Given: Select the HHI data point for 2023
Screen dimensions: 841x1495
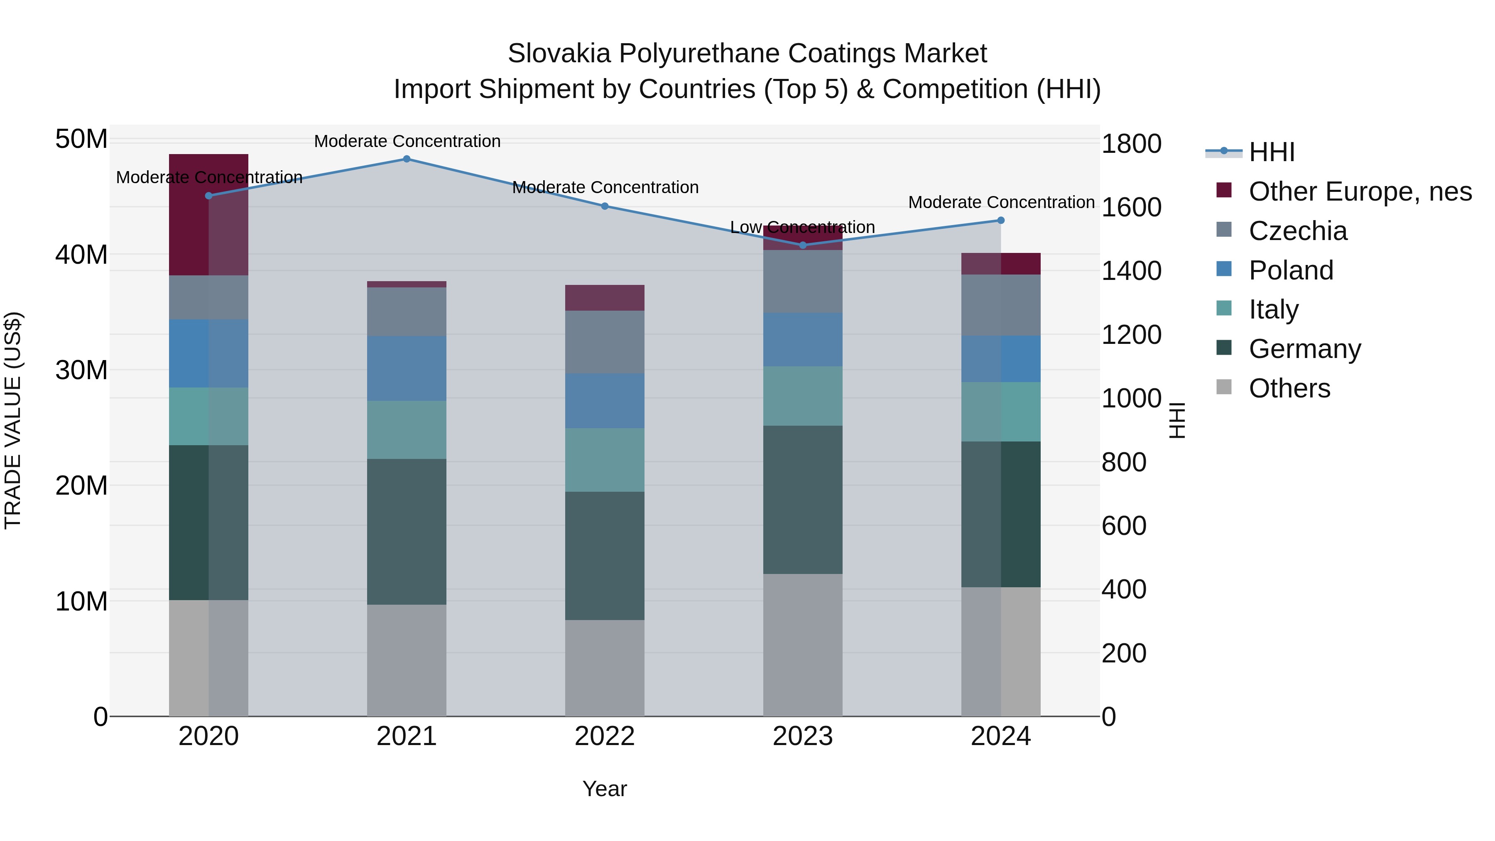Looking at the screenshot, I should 803,245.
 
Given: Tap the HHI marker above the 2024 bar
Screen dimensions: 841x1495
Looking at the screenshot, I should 1000,221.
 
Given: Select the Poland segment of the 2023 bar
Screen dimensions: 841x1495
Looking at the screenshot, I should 803,340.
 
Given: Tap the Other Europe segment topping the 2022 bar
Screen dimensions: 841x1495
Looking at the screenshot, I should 605,298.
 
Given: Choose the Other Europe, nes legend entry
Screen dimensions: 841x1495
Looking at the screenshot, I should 1360,191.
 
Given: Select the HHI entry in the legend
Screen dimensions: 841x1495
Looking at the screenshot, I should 1271,152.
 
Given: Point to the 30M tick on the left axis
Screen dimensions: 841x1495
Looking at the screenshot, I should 81,370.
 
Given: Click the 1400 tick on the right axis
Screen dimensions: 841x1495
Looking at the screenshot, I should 1131,271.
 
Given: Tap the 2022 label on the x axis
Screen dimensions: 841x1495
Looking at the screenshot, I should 605,736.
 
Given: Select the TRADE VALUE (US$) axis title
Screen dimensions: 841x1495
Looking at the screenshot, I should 13,420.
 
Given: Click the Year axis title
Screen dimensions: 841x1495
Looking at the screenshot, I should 605,789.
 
